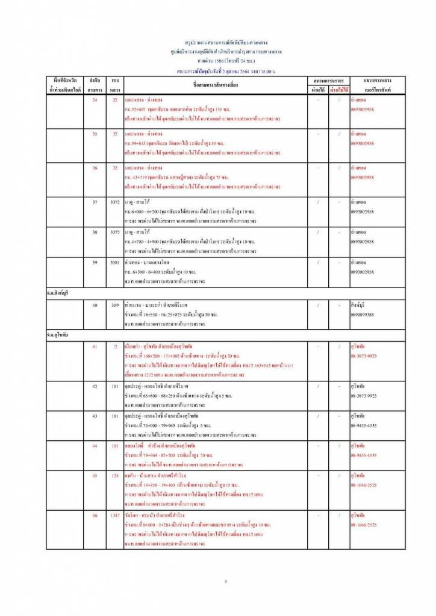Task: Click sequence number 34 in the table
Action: [x=95, y=99]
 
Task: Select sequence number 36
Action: [x=95, y=168]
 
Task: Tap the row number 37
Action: [x=95, y=202]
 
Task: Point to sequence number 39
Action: [x=95, y=263]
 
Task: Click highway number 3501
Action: [x=114, y=263]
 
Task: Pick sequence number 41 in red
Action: [x=95, y=347]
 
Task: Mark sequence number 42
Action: [x=95, y=386]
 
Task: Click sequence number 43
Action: [x=95, y=416]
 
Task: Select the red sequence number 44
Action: [x=95, y=446]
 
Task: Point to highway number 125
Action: [x=114, y=476]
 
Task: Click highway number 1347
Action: [x=114, y=516]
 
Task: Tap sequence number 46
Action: [x=95, y=516]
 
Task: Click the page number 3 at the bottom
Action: [x=225, y=581]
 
